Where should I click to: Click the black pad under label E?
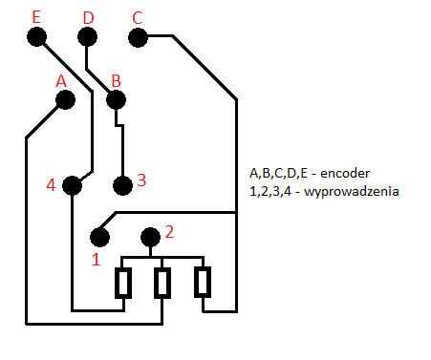click(36, 36)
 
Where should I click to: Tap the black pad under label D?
click(87, 36)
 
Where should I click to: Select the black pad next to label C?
click(138, 37)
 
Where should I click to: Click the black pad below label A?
click(65, 99)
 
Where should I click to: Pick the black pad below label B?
click(116, 99)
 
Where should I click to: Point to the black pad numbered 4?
click(72, 185)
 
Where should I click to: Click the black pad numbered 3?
click(122, 185)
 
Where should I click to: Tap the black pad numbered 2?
click(150, 237)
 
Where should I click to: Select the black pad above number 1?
click(99, 237)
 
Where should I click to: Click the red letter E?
click(36, 17)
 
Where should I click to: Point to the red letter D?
click(88, 18)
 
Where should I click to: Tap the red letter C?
click(137, 18)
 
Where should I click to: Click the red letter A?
click(61, 81)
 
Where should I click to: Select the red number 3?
click(141, 180)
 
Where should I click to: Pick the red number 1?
click(96, 260)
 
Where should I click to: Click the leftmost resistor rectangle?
click(123, 283)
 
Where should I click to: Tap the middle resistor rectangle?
click(162, 283)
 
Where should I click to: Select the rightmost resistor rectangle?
click(203, 282)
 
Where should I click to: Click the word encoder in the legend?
click(345, 174)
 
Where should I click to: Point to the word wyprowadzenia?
click(352, 192)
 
